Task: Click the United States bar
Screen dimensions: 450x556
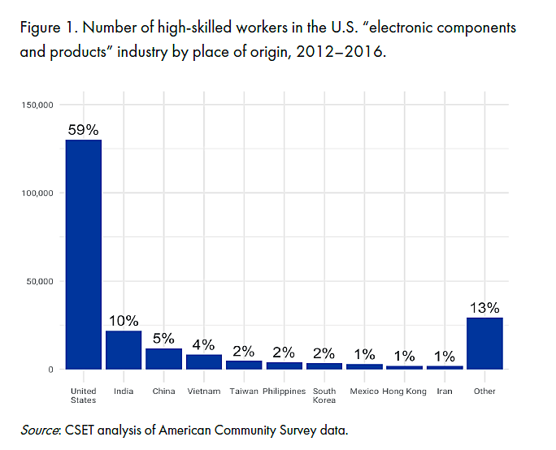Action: pos(84,254)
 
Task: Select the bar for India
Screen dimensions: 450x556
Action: pos(124,350)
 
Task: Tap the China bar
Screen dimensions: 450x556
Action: pos(163,359)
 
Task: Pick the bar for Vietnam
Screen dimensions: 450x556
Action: pos(203,362)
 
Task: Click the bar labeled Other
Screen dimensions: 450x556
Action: pos(484,344)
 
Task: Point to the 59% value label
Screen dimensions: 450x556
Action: pos(84,129)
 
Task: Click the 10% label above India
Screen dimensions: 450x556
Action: pos(124,321)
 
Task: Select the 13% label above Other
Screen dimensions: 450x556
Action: pos(485,308)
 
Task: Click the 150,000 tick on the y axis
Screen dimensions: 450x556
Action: pos(37,105)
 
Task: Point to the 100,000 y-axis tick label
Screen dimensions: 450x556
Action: pos(37,193)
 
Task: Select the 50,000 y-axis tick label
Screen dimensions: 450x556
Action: pos(39,281)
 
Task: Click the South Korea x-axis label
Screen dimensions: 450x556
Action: pos(324,396)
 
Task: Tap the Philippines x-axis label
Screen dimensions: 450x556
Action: pos(284,392)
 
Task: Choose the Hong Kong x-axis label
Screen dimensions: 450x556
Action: pos(404,392)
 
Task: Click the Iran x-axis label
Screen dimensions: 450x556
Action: pos(445,392)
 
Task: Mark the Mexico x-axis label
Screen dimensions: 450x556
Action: pos(364,392)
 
